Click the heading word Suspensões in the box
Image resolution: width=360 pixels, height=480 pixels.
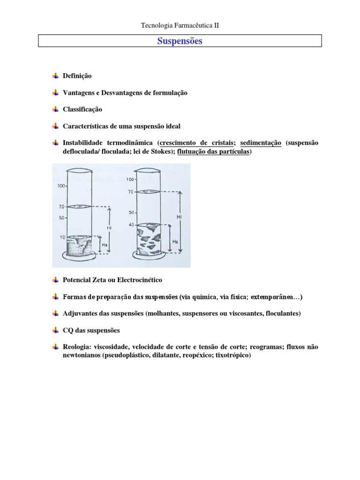pos(180,41)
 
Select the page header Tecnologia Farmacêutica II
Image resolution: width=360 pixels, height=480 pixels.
pos(180,26)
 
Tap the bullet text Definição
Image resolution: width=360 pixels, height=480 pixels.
pos(77,76)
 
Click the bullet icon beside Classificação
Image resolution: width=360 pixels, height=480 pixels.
pos(55,109)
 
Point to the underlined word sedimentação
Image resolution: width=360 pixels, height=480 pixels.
pos(261,143)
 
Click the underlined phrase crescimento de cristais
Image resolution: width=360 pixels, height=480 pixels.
pos(197,143)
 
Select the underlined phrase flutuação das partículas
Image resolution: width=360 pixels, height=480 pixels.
pos(214,152)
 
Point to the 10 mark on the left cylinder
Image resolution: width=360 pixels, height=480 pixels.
pos(62,238)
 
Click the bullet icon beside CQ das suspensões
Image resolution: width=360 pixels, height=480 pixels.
pos(55,330)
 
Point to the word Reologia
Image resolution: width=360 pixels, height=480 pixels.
pos(76,347)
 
